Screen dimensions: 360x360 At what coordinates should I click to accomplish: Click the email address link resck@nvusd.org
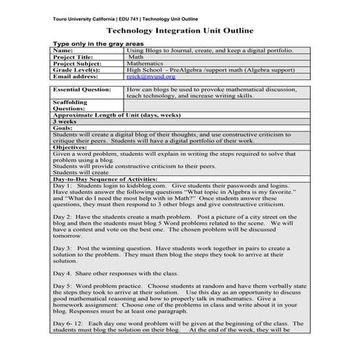145,75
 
